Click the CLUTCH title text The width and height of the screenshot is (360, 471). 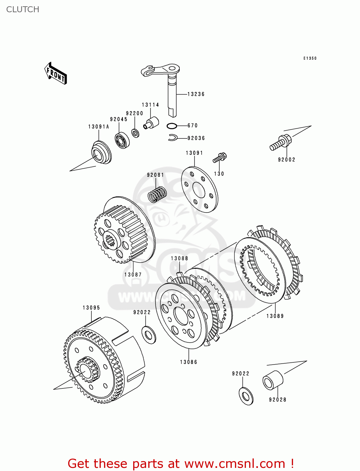click(23, 9)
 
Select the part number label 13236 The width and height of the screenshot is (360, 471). click(196, 94)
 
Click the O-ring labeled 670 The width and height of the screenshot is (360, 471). click(172, 126)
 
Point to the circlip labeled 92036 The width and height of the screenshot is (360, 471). click(172, 138)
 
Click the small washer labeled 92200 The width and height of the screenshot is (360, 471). click(135, 133)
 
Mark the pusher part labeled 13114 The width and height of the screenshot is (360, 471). click(151, 123)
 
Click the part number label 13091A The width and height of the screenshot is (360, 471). click(98, 127)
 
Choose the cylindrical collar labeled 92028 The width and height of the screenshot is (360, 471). click(273, 380)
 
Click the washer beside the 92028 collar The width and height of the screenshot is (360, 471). click(246, 396)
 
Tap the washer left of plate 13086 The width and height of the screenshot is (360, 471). click(149, 335)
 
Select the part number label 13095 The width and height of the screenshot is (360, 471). click(91, 308)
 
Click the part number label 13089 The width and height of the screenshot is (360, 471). click(275, 316)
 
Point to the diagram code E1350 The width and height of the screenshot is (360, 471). click(310, 58)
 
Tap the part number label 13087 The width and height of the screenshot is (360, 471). click(133, 275)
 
